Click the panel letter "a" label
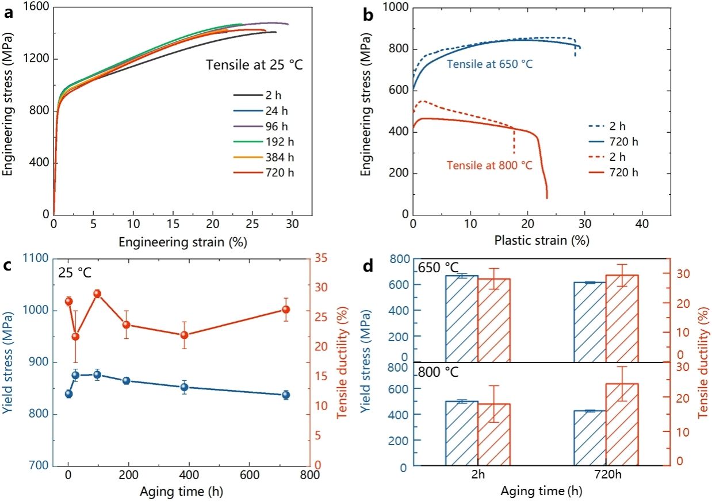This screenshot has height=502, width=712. click(8, 13)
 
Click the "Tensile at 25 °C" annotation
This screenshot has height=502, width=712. click(255, 65)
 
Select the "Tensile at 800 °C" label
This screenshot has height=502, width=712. click(489, 166)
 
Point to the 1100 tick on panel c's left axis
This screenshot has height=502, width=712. click(36, 259)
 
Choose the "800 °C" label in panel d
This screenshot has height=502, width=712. click(438, 372)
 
